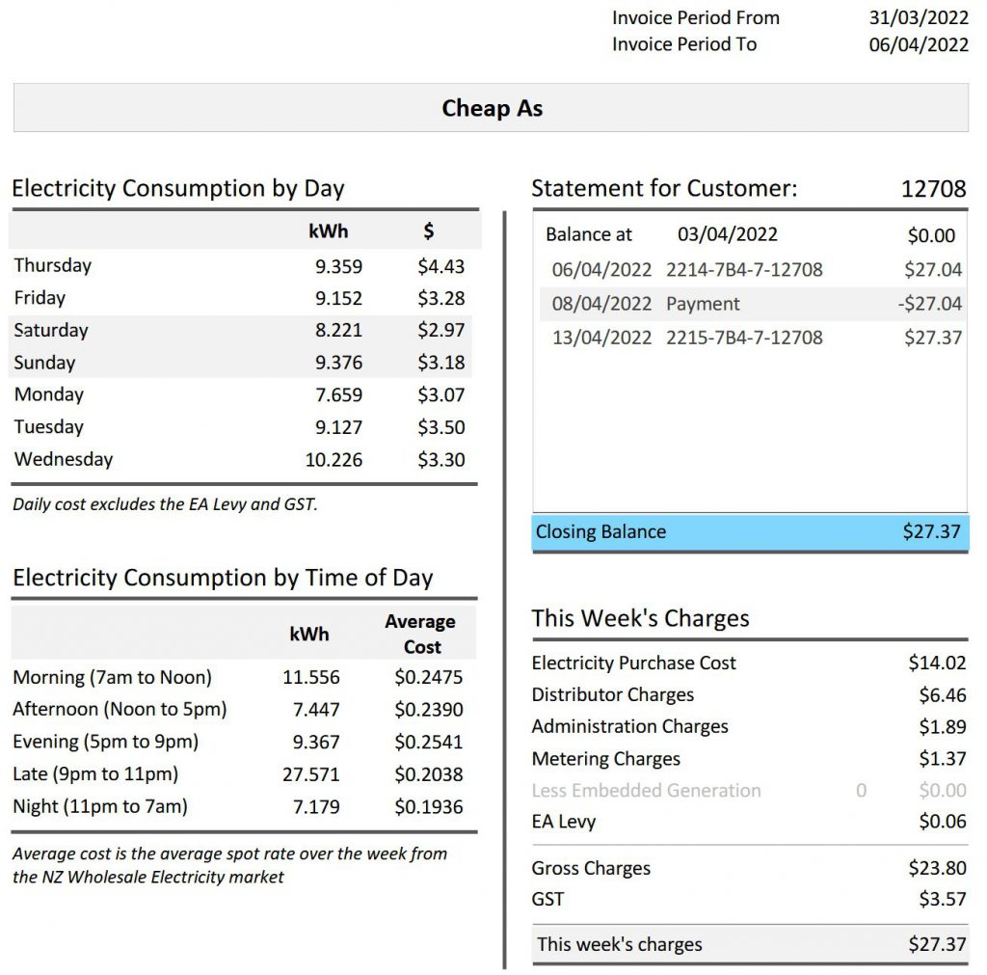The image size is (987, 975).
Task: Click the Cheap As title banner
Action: [x=492, y=108]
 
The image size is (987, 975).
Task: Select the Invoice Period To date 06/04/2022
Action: [x=919, y=44]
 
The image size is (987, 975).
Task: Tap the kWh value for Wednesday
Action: [x=333, y=460]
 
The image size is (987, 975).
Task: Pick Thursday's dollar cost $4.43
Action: [x=441, y=266]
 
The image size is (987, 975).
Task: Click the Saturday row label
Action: [x=51, y=330]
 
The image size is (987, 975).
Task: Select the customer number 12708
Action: [x=933, y=189]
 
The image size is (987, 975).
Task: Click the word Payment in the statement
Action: [x=703, y=304]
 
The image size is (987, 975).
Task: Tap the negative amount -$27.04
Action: [x=929, y=304]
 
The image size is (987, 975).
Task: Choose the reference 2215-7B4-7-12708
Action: [x=744, y=338]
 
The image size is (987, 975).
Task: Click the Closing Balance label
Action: [x=600, y=532]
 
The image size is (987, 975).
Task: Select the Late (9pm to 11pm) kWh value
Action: [x=311, y=774]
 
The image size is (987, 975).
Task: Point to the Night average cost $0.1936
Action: [x=429, y=807]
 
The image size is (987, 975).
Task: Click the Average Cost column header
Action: [x=420, y=634]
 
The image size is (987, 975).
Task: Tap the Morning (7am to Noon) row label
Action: [x=112, y=677]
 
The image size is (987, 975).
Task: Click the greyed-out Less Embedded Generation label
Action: [x=646, y=791]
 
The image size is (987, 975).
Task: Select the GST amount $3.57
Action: [x=942, y=900]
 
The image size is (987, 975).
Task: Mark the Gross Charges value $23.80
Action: [x=937, y=868]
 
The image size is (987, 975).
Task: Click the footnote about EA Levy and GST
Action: [x=165, y=504]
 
